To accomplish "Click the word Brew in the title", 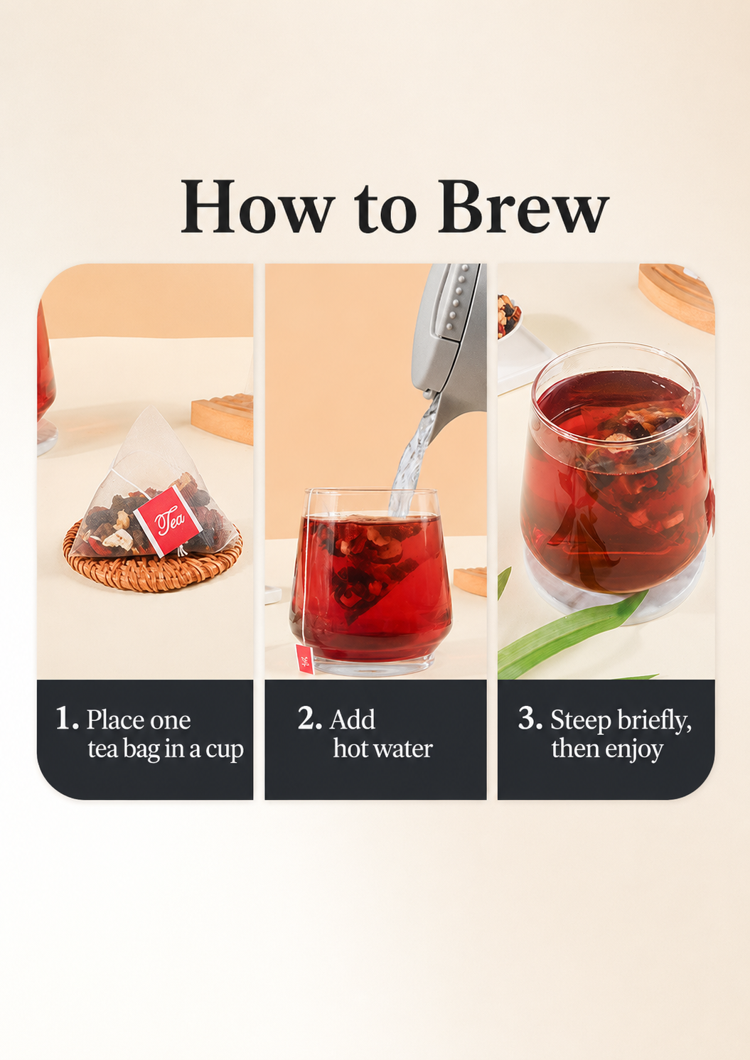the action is (x=523, y=206).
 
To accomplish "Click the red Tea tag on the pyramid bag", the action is (x=168, y=520).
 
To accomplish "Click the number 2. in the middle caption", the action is (x=310, y=718).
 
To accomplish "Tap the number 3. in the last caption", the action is (x=530, y=718).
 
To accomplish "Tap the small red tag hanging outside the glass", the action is (x=305, y=658).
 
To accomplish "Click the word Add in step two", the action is (x=353, y=719).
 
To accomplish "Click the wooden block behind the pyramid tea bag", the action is (x=223, y=419).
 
